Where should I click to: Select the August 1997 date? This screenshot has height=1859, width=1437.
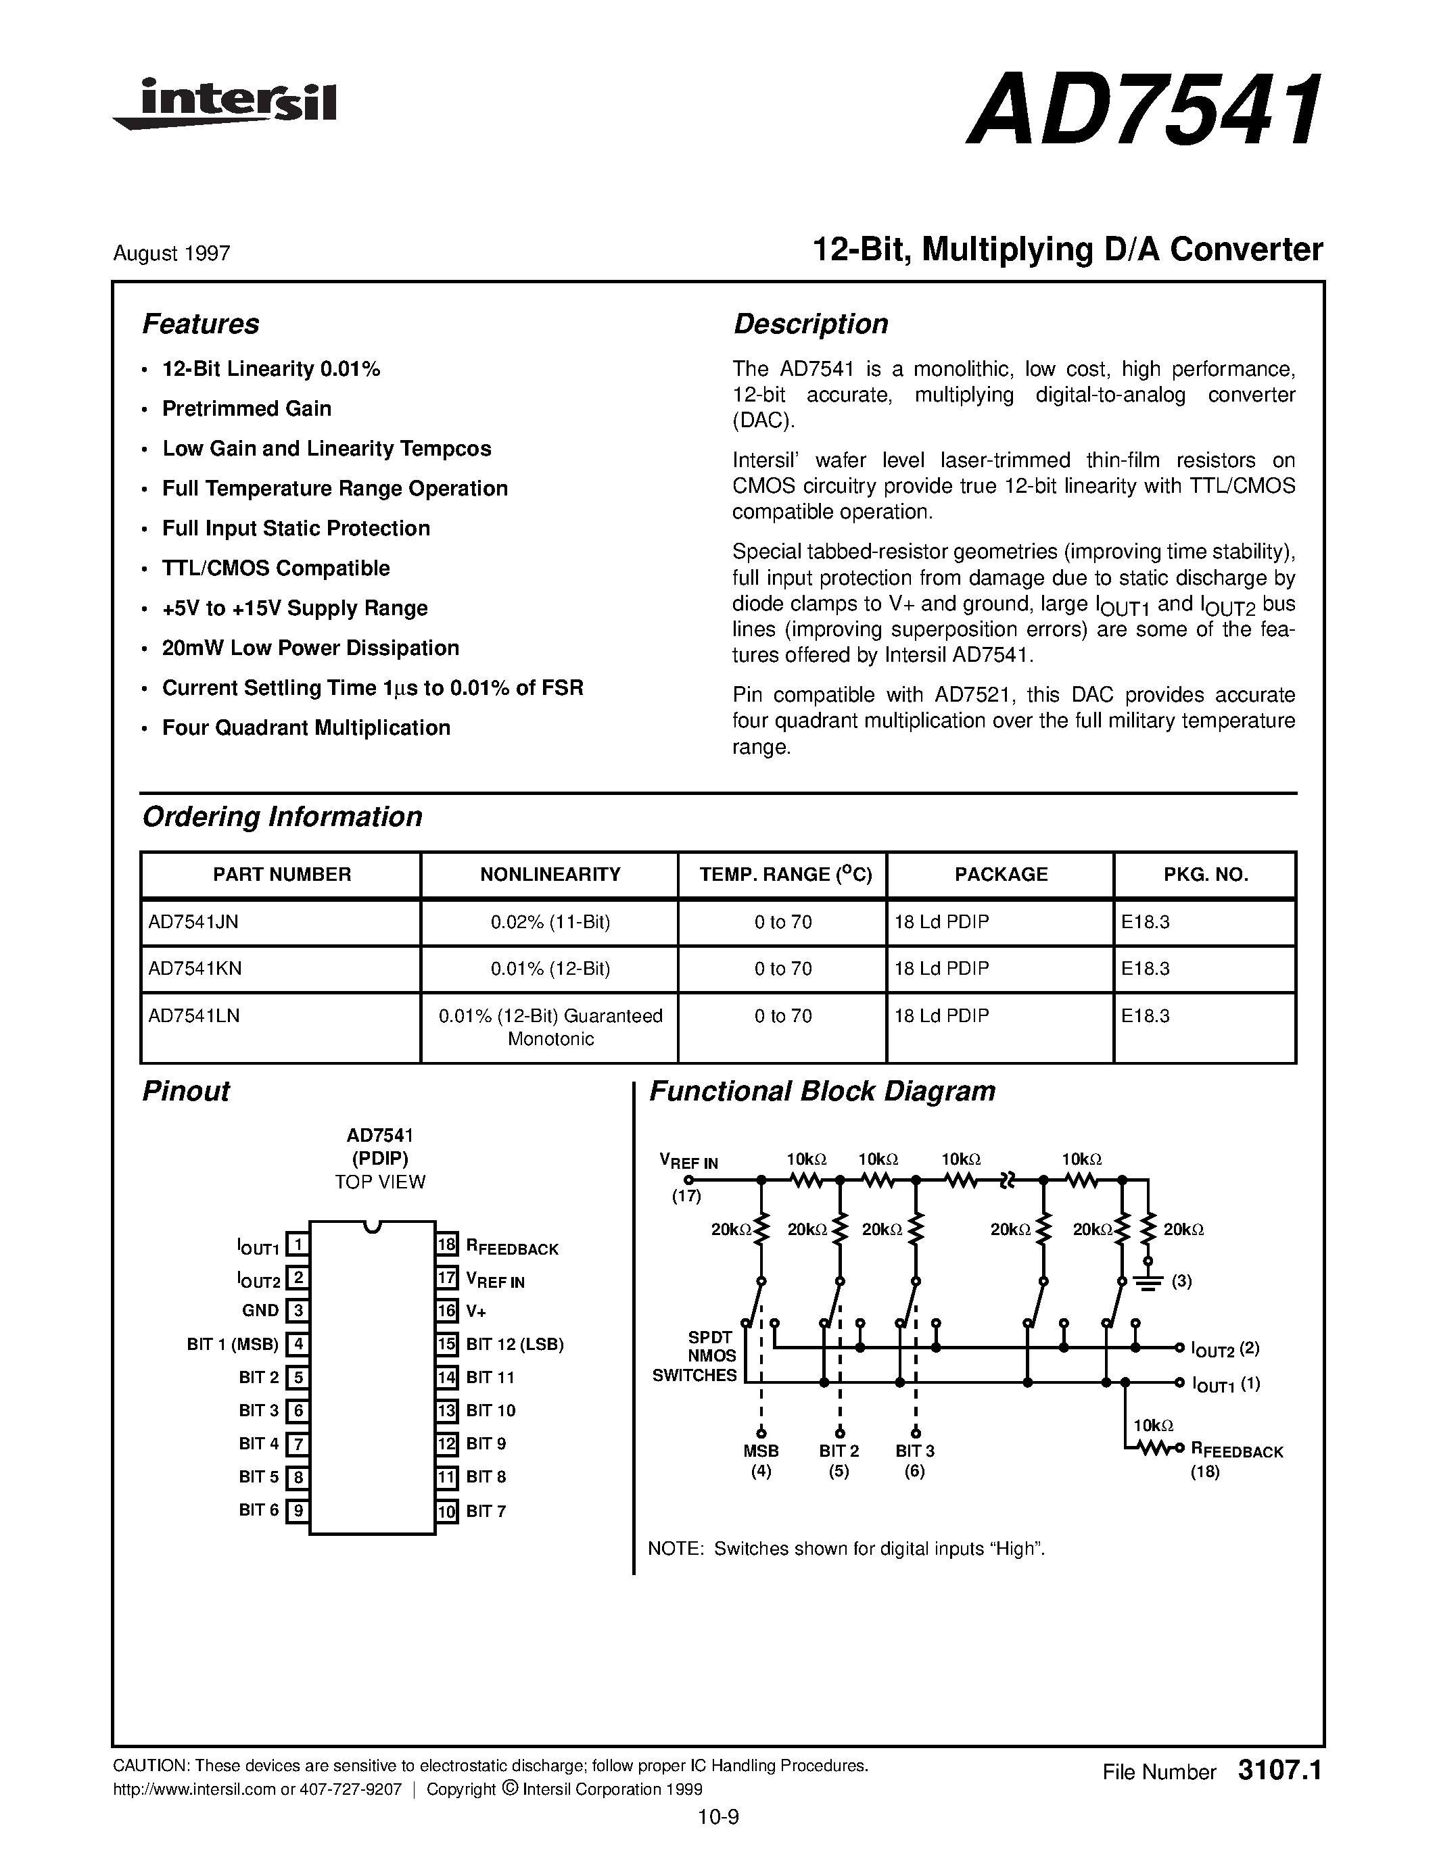click(x=171, y=254)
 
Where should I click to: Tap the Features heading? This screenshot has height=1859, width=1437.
click(x=200, y=324)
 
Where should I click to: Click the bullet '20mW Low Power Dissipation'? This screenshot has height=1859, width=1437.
click(x=310, y=648)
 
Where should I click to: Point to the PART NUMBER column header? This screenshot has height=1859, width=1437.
click(x=281, y=874)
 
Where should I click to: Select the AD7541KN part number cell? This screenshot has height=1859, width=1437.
click(x=195, y=969)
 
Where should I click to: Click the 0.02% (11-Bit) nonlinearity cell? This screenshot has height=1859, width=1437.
click(x=550, y=922)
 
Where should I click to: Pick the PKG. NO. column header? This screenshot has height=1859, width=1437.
click(x=1204, y=874)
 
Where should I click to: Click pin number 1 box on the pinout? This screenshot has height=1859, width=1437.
click(x=296, y=1245)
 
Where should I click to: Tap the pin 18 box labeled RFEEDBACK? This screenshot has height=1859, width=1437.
click(x=447, y=1245)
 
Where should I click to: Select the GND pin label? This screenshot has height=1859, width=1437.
click(x=260, y=1311)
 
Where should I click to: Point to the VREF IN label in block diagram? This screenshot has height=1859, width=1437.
click(x=688, y=1161)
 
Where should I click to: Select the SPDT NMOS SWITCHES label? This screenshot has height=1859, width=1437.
click(x=694, y=1356)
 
